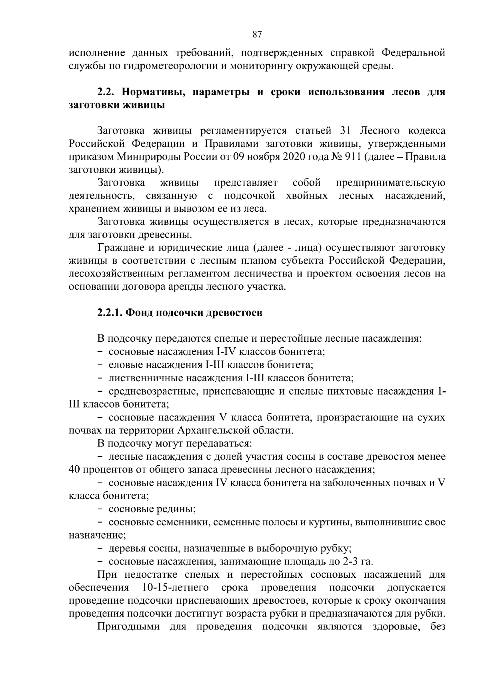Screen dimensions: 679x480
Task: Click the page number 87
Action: pyautogui.click(x=257, y=34)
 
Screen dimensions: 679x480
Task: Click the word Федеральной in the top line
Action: pyautogui.click(x=413, y=53)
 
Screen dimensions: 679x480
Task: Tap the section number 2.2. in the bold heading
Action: pyautogui.click(x=106, y=92)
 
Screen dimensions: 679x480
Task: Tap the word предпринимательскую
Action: pyautogui.click(x=390, y=183)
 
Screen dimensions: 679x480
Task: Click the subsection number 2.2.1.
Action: pyautogui.click(x=110, y=313)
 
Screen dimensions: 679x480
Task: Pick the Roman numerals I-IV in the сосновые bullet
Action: pyautogui.click(x=250, y=352)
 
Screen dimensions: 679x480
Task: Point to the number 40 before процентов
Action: pyautogui.click(x=74, y=469)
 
